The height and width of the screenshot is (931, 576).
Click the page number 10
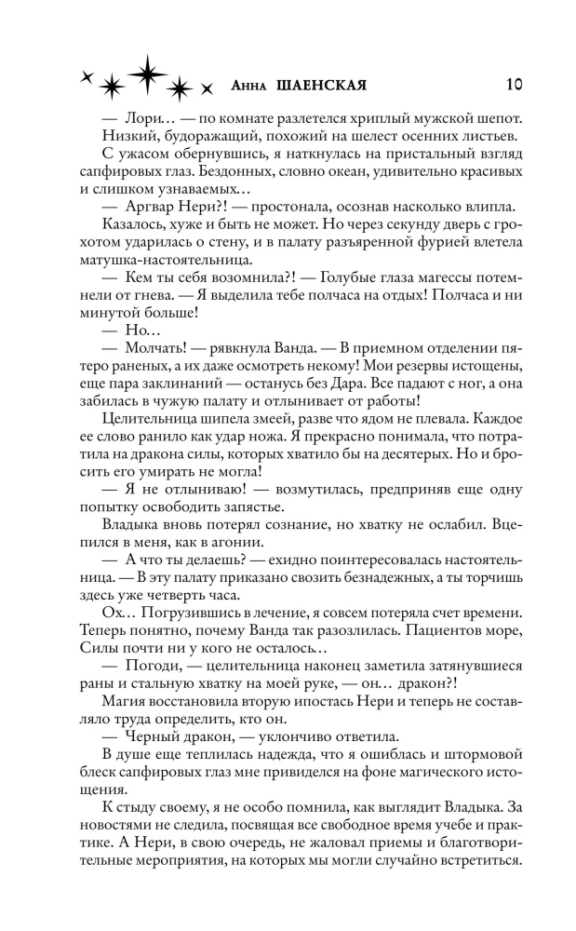point(514,83)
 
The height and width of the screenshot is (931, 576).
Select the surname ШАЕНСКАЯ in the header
point(321,85)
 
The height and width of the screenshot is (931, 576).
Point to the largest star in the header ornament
point(146,74)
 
